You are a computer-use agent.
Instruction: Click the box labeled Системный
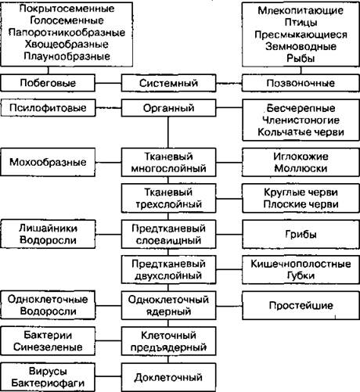click(168, 83)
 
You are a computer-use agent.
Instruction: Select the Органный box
click(168, 108)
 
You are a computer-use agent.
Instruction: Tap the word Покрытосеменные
click(67, 9)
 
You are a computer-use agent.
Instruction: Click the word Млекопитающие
click(301, 10)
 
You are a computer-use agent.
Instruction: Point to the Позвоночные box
click(301, 83)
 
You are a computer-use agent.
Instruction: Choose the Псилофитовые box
click(48, 108)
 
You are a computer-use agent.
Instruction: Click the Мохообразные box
click(48, 162)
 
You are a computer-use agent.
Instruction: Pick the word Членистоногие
click(301, 120)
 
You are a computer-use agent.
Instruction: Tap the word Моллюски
click(301, 168)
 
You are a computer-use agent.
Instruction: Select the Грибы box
click(301, 234)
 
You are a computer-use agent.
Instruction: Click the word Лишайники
click(48, 228)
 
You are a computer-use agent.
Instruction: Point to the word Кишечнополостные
click(301, 264)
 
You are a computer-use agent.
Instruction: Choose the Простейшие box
click(301, 305)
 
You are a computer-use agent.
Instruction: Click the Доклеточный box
click(168, 377)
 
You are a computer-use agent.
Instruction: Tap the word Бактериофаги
click(48, 383)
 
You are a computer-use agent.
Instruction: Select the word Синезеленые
click(48, 347)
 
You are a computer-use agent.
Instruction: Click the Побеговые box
click(48, 83)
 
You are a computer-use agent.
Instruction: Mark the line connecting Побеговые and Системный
click(108, 84)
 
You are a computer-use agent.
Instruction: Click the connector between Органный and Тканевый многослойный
click(168, 132)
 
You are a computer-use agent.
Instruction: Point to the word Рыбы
click(301, 59)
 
